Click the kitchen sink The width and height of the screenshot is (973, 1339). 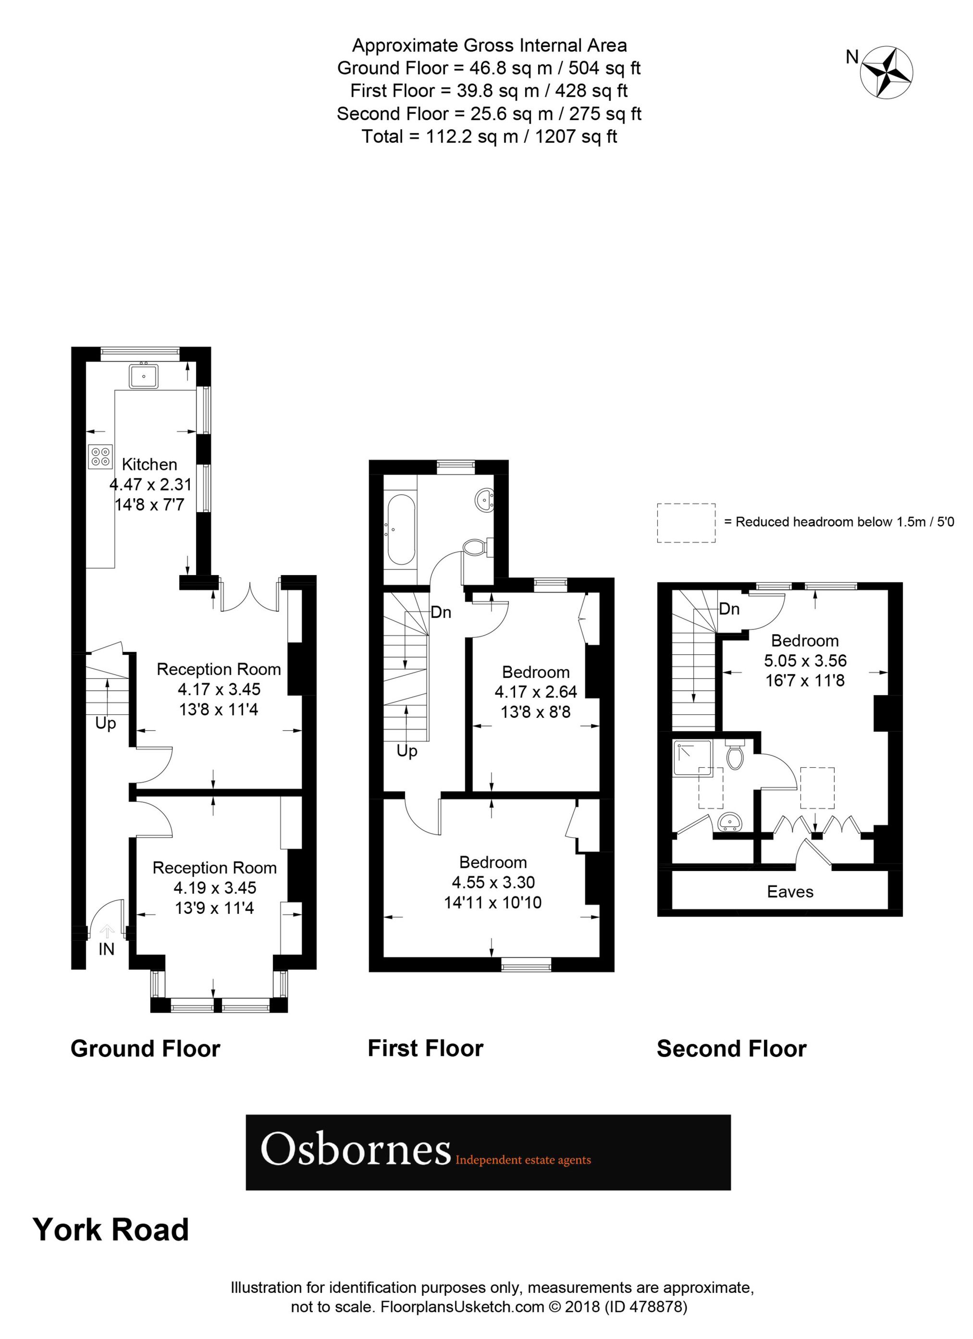pyautogui.click(x=144, y=376)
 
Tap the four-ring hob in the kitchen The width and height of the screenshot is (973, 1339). pyautogui.click(x=100, y=456)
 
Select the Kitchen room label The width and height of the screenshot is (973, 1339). pyautogui.click(x=149, y=464)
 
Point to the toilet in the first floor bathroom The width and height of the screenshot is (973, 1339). pyautogui.click(x=475, y=547)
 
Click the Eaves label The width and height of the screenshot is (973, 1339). pyautogui.click(x=789, y=892)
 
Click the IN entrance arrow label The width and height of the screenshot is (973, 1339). pyautogui.click(x=106, y=949)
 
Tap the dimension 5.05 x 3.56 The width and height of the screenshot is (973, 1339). pyautogui.click(x=805, y=661)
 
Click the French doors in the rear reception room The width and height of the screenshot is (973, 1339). pyautogui.click(x=250, y=596)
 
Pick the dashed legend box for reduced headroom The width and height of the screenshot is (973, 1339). pyautogui.click(x=686, y=523)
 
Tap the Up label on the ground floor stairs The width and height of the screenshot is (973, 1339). pyautogui.click(x=106, y=723)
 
